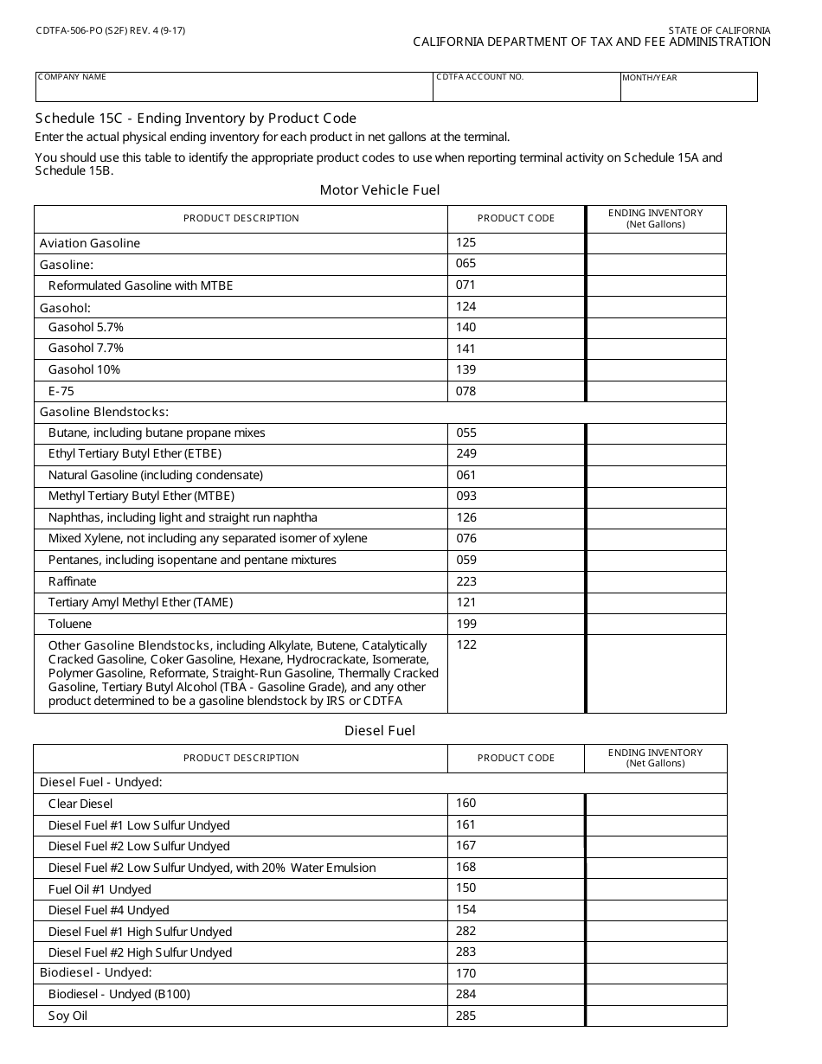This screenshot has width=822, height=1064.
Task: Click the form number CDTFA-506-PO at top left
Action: click(x=111, y=30)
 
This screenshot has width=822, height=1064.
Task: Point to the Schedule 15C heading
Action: click(x=196, y=119)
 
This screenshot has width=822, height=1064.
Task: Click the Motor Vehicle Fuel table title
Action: click(x=380, y=190)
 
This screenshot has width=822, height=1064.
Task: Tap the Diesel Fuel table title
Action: click(x=380, y=731)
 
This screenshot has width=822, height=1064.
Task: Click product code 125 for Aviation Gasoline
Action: click(x=466, y=243)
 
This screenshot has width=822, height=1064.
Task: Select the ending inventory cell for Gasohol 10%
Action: click(x=656, y=369)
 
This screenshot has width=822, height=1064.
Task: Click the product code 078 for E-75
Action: click(x=466, y=391)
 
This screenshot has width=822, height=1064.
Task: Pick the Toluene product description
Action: click(x=70, y=624)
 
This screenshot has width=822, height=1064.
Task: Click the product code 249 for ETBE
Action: click(x=466, y=453)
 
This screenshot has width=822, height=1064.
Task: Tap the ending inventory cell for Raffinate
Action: click(x=656, y=581)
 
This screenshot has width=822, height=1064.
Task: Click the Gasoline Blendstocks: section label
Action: click(x=104, y=412)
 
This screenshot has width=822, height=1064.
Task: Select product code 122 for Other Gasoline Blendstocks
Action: click(x=466, y=644)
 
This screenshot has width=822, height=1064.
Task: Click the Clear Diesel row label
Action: click(x=80, y=804)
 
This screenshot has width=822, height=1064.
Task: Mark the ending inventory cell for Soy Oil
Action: click(x=656, y=1016)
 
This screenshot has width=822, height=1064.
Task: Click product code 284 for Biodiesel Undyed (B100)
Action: click(x=466, y=994)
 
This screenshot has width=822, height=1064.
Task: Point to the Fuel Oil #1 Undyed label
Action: click(x=100, y=889)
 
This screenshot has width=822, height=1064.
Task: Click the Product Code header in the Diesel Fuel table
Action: click(x=516, y=758)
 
